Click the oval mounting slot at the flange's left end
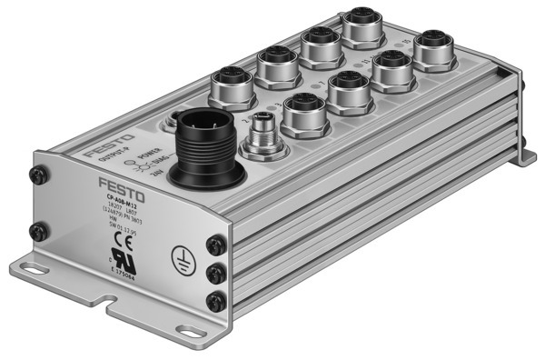(40, 273)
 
